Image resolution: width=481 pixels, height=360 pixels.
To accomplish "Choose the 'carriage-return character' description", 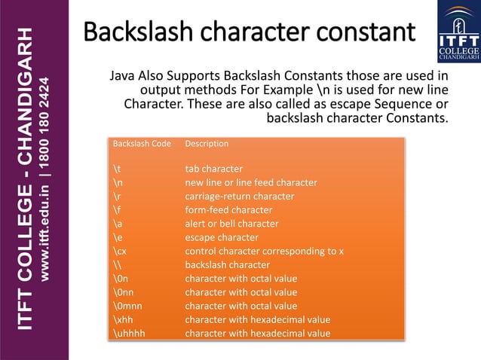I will tap(240, 196).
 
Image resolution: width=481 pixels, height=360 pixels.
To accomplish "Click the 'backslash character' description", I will tap(228, 265).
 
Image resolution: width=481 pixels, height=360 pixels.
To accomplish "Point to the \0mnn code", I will tap(127, 306).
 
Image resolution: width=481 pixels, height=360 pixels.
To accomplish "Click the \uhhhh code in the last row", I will tap(127, 333).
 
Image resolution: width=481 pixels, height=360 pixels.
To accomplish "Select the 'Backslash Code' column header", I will tap(142, 143).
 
